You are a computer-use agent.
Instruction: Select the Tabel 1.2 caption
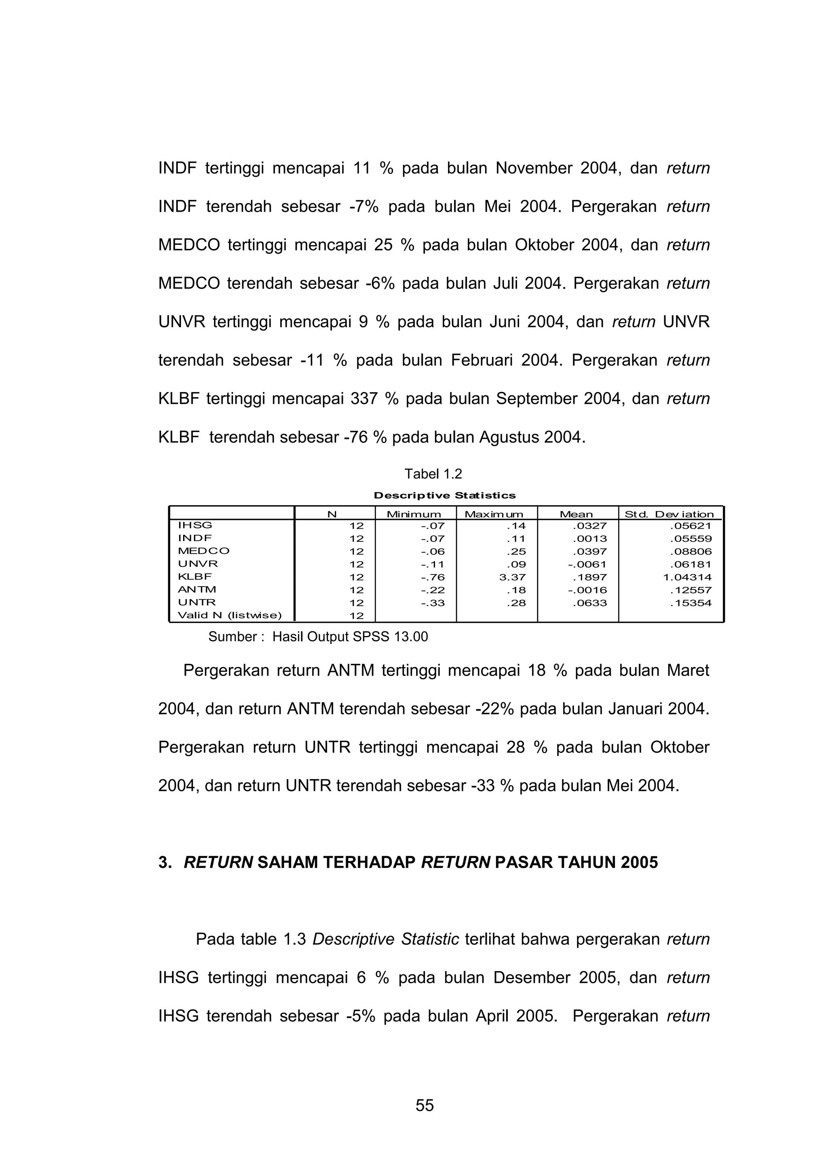(x=433, y=474)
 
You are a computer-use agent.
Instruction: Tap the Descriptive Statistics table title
(x=445, y=495)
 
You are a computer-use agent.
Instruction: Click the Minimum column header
(x=414, y=514)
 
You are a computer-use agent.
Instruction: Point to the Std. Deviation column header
(x=669, y=514)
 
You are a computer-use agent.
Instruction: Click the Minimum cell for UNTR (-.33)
(x=433, y=603)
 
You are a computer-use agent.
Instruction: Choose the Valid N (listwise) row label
(x=229, y=615)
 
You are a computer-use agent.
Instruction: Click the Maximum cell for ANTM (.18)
(x=516, y=590)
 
